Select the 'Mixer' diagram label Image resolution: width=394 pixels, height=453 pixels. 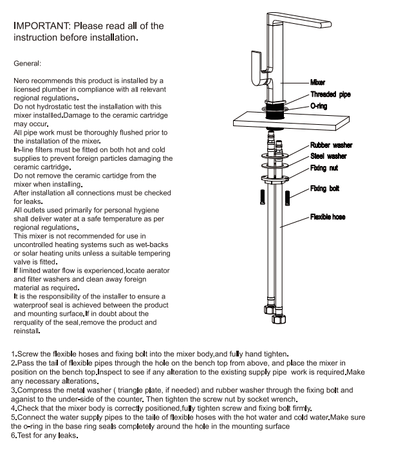click(317, 83)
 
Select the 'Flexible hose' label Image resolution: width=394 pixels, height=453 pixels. click(328, 217)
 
